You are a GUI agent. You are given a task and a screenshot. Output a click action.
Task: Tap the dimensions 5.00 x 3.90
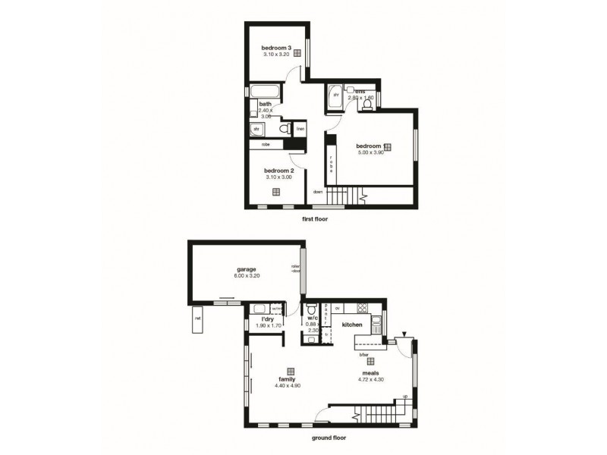(373, 152)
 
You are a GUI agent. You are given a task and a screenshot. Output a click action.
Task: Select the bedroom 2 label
(278, 171)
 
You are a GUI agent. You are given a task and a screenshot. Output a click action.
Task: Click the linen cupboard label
(300, 129)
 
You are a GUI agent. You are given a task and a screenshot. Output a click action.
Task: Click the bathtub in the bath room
(266, 92)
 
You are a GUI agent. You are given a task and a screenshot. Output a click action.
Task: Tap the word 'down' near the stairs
(318, 192)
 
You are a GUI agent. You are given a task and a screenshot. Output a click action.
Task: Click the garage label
(244, 269)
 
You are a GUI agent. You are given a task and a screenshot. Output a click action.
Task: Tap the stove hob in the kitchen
(362, 309)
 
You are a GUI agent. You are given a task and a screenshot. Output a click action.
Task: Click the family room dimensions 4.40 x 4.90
(287, 386)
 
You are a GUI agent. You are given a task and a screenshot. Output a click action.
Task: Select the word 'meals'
(371, 373)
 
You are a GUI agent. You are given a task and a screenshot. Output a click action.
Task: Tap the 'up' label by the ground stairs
(404, 397)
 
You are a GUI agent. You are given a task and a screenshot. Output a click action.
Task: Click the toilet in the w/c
(311, 312)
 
